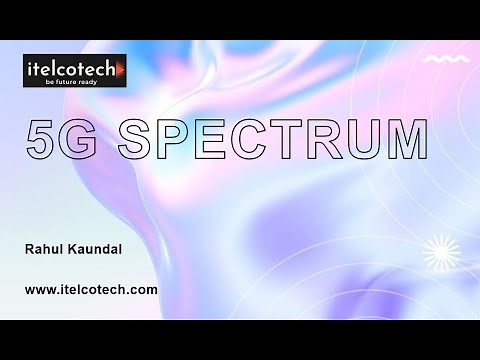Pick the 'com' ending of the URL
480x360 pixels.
coord(145,290)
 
